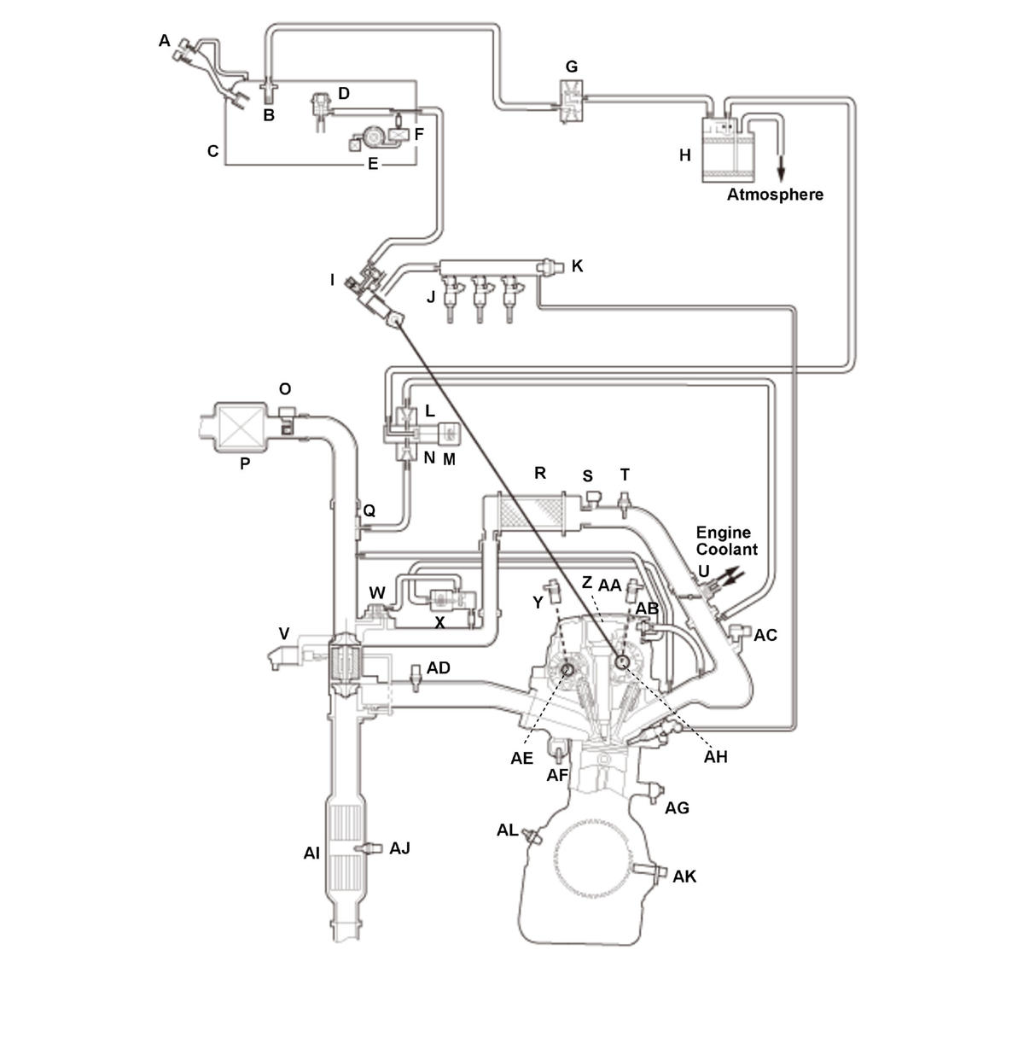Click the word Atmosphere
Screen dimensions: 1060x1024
pos(775,195)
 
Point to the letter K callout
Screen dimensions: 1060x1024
pos(578,266)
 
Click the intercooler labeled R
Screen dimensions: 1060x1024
pos(531,511)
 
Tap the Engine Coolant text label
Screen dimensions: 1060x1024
pos(726,541)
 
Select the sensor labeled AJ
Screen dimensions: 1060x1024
pos(369,847)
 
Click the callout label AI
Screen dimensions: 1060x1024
pos(311,852)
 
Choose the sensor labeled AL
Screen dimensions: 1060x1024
pos(533,835)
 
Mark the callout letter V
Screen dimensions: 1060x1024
pos(283,633)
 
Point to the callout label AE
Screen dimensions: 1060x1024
pos(522,757)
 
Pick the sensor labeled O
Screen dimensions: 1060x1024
pos(287,420)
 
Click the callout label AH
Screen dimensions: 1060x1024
pos(716,756)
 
